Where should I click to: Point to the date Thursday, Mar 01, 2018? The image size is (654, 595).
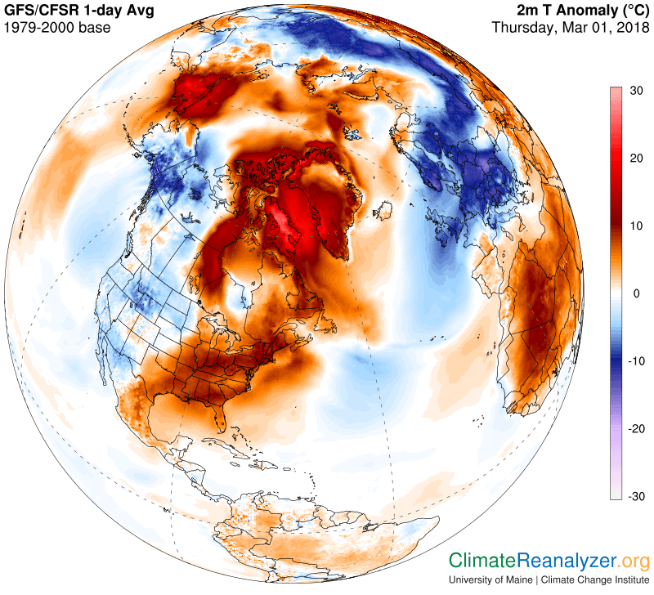[x=570, y=27]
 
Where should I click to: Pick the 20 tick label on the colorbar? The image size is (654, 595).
[x=638, y=159]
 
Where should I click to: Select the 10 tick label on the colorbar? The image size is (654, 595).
[x=638, y=226]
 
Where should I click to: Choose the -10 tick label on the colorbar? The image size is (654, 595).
[x=636, y=361]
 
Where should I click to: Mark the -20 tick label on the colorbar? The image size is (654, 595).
[x=636, y=429]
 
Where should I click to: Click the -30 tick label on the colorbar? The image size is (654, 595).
[x=636, y=496]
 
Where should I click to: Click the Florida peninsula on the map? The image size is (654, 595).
[x=218, y=421]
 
